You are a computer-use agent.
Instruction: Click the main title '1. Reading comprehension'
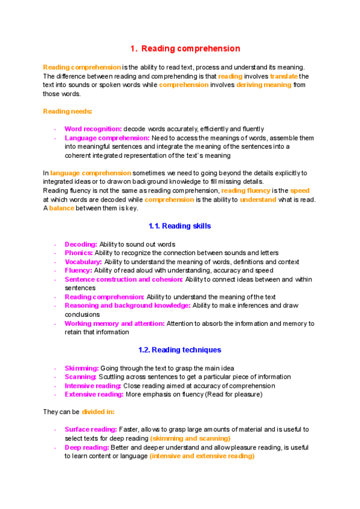click(x=185, y=49)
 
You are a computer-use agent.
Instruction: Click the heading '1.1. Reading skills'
click(x=179, y=226)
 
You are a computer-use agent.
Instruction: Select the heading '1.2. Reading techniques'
click(x=179, y=350)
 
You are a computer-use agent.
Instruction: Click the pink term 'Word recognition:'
click(x=93, y=129)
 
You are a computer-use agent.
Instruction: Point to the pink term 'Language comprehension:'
click(x=107, y=138)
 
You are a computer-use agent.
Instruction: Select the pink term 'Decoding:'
click(x=80, y=244)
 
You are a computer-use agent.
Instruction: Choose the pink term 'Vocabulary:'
click(x=83, y=262)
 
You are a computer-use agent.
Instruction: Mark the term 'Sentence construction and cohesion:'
click(x=124, y=279)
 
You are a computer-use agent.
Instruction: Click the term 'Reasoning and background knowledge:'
click(x=127, y=306)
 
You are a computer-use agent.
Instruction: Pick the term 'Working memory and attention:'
click(x=114, y=324)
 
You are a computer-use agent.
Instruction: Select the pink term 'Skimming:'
click(x=82, y=368)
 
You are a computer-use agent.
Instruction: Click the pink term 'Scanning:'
click(x=80, y=377)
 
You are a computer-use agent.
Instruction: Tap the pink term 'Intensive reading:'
click(x=92, y=386)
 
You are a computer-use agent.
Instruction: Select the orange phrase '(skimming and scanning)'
click(x=190, y=439)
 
